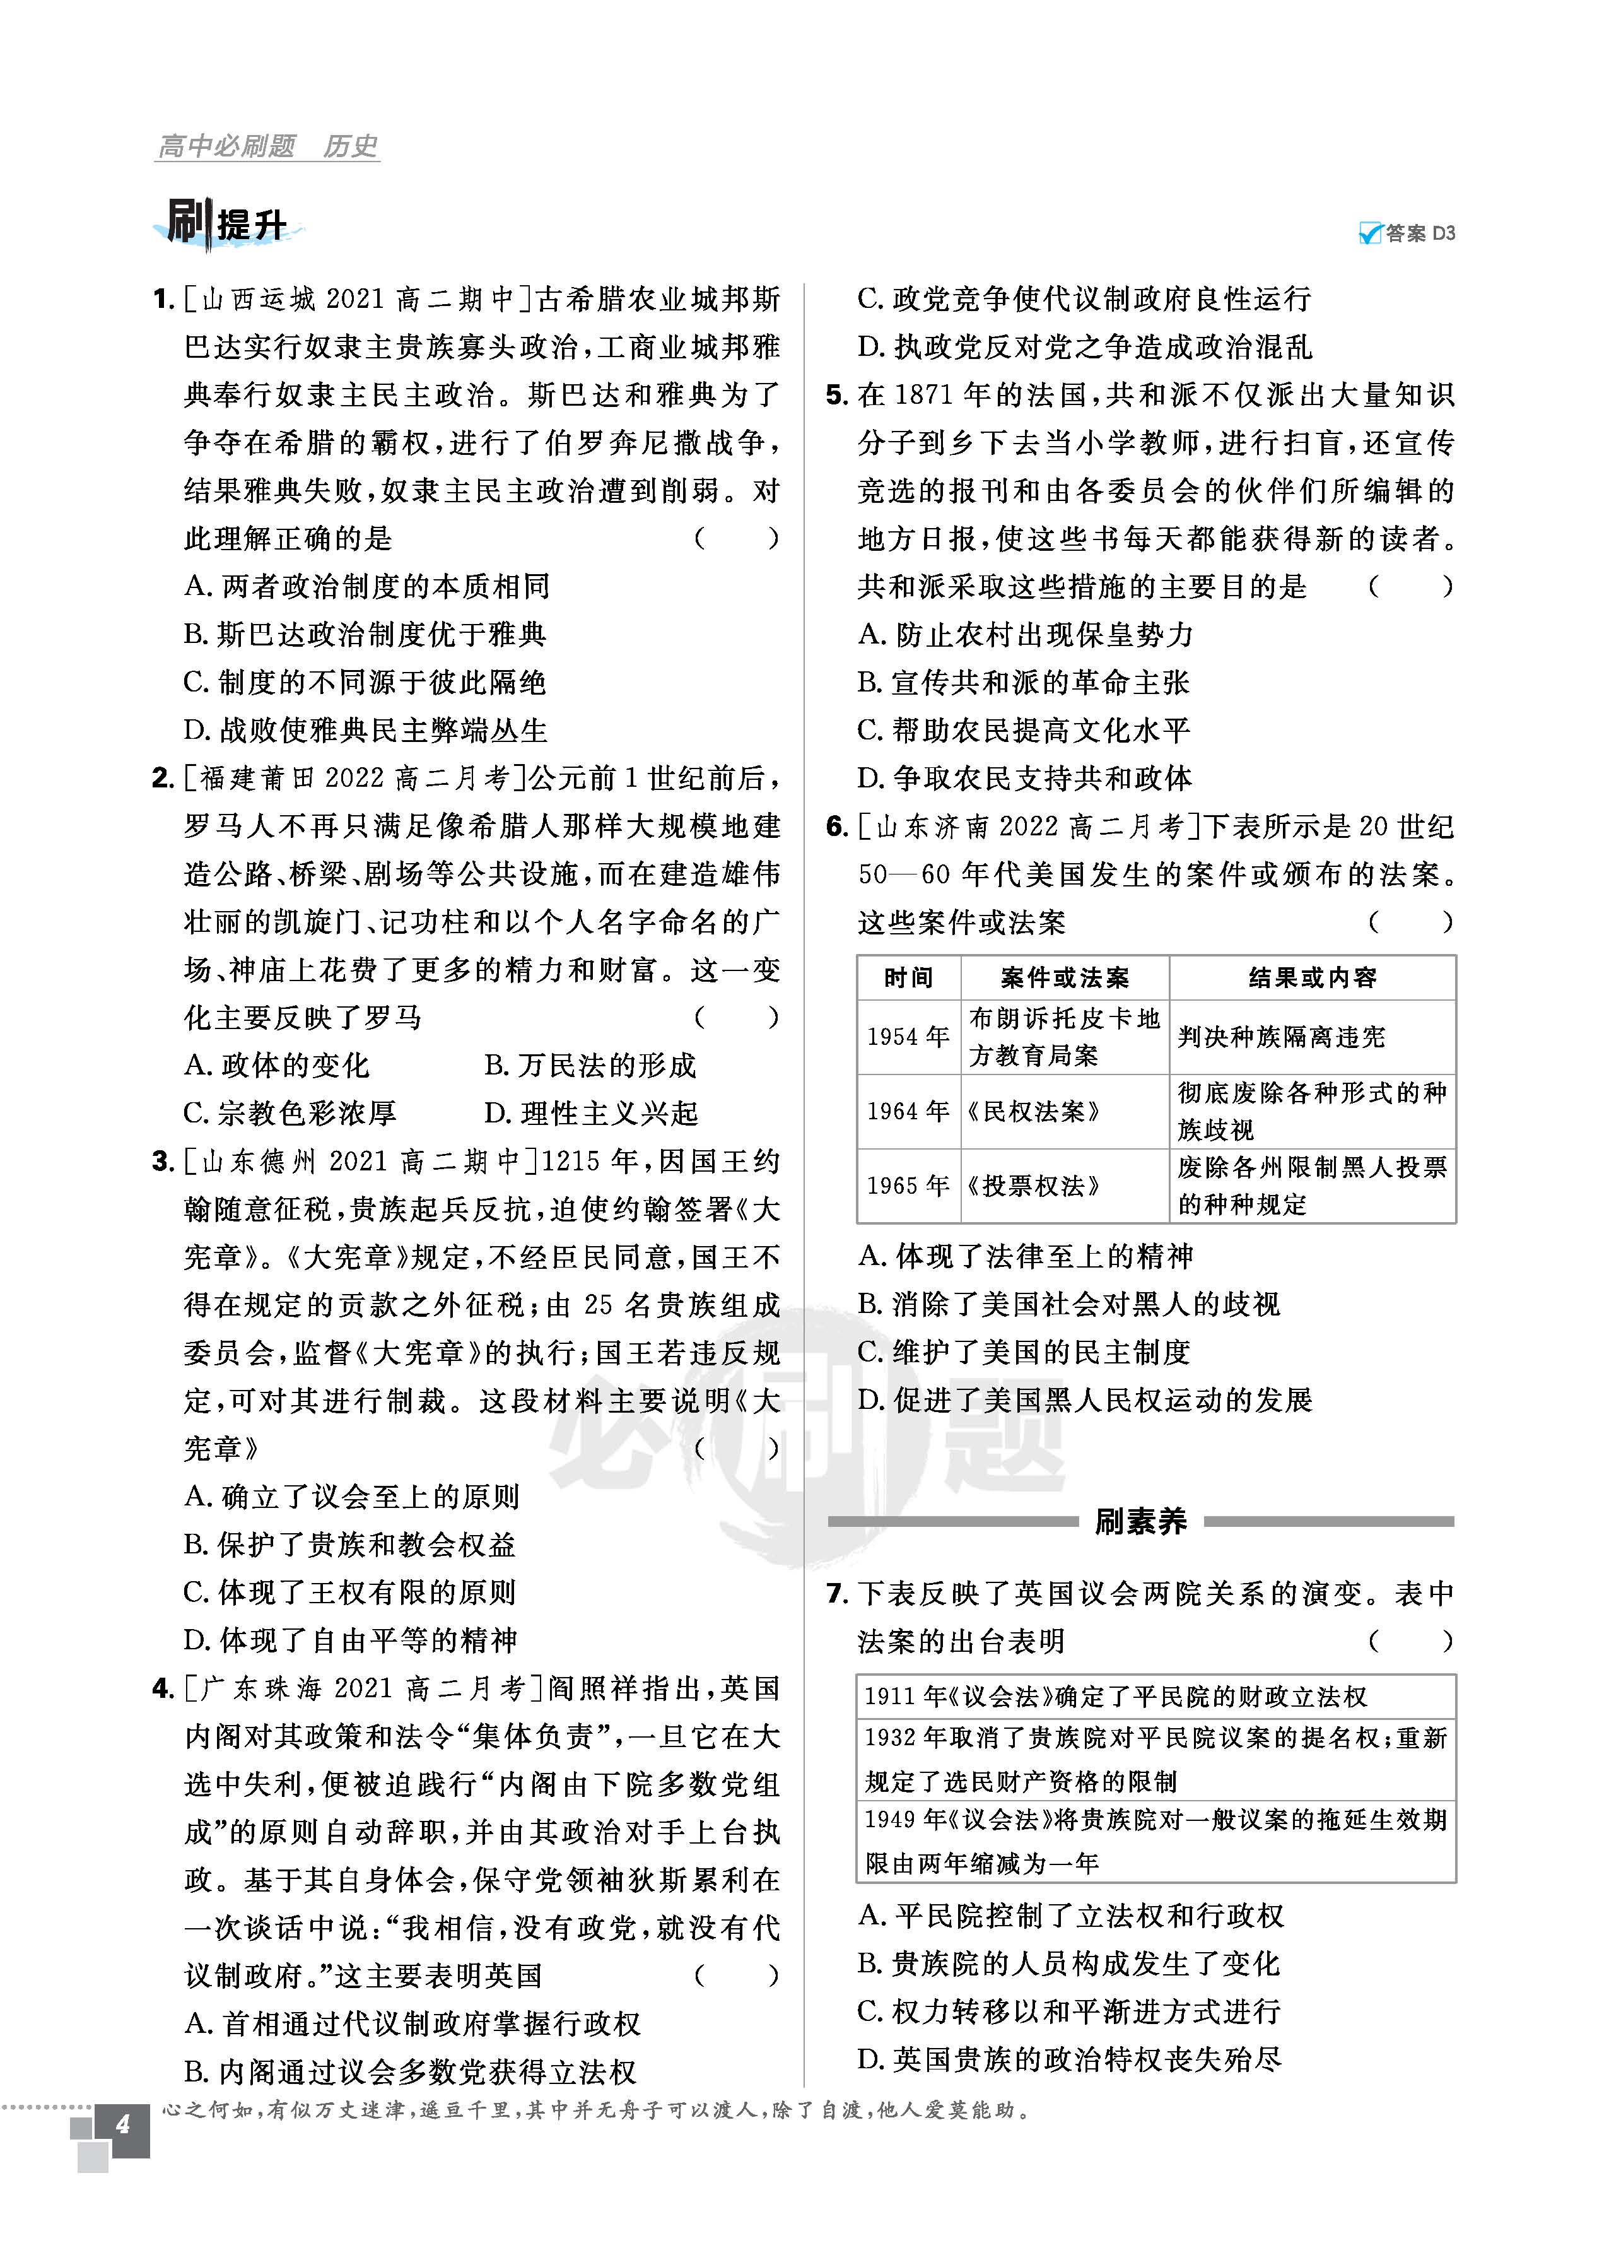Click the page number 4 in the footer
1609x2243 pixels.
[x=122, y=2123]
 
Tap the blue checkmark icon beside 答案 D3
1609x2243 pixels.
[x=1370, y=233]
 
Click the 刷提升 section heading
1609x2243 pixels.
[x=228, y=223]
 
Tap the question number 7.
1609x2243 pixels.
[x=836, y=1593]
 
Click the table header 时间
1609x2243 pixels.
[x=908, y=978]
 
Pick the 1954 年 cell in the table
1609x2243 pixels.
[x=908, y=1037]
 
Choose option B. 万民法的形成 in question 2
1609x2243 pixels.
[x=590, y=1065]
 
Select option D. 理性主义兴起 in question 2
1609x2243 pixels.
[x=590, y=1114]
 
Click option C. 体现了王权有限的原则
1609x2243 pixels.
[x=350, y=1592]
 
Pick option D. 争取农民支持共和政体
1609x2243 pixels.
[x=1024, y=779]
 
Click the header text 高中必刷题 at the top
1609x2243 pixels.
[x=226, y=146]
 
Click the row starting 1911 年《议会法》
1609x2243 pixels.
[x=1116, y=1697]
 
